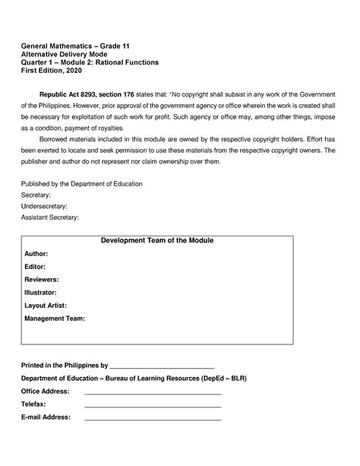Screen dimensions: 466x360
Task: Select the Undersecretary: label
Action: [44, 206]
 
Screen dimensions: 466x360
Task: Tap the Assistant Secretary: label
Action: [49, 217]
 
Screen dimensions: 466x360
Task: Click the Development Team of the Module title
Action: [157, 241]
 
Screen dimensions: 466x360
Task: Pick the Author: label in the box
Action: [36, 253]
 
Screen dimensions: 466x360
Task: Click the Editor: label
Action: [35, 266]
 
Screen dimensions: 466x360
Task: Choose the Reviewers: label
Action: [42, 279]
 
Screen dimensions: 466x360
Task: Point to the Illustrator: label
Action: [41, 292]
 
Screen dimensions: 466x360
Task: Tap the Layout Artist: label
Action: [46, 305]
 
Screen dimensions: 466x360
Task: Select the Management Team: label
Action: [55, 318]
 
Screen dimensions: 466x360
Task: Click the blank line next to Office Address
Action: [152, 393]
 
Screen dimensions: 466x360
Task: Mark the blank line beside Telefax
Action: [152, 406]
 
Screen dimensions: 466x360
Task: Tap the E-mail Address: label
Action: [46, 417]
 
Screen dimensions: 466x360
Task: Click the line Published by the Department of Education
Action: [81, 184]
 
